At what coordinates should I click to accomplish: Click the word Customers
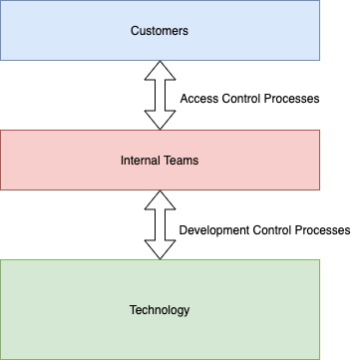coord(160,31)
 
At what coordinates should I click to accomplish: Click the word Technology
coord(160,310)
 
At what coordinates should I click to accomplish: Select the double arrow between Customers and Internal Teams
coord(160,95)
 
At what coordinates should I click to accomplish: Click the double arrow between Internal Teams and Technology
coord(160,225)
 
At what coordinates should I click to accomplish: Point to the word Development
coord(213,229)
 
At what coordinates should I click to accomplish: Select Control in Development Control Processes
coord(269,229)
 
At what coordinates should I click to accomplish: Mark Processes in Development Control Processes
coord(320,229)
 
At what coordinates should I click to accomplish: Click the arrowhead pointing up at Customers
coord(160,70)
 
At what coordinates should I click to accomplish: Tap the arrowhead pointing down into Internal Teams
coord(160,120)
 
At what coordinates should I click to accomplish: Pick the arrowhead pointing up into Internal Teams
coord(160,199)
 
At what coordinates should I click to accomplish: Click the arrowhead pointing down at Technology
coord(160,250)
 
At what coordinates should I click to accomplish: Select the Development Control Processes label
coord(264,229)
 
